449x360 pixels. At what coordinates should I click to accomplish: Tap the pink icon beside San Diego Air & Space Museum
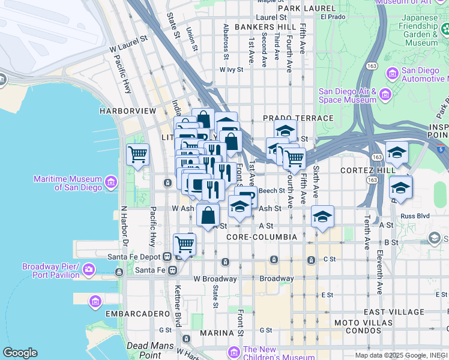(x=385, y=94)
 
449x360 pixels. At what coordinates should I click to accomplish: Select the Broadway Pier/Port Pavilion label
(x=51, y=271)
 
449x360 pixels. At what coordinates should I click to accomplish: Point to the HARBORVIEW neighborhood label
(x=128, y=111)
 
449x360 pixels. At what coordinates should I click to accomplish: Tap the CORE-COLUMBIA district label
(x=262, y=238)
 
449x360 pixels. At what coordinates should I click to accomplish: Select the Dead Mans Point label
(x=148, y=346)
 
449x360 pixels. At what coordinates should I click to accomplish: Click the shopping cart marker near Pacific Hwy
(x=138, y=154)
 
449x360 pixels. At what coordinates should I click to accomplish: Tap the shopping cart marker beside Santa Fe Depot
(x=184, y=245)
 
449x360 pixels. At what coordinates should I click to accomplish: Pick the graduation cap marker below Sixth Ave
(x=322, y=217)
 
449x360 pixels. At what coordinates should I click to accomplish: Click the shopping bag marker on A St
(x=208, y=216)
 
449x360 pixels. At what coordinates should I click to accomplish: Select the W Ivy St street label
(x=231, y=70)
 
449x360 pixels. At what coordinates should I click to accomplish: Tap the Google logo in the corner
(x=20, y=353)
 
